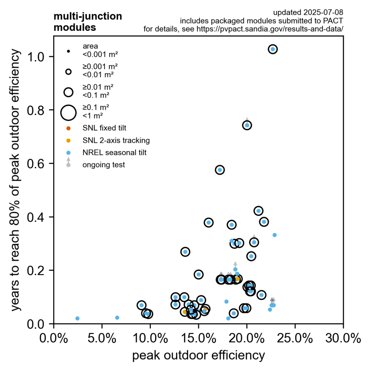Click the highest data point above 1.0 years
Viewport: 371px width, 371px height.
[273, 49]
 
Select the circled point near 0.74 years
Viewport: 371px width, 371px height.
[247, 125]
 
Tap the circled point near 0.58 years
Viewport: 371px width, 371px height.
[220, 170]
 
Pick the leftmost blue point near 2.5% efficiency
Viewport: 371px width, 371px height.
[77, 318]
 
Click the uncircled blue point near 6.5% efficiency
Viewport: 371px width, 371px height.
[117, 318]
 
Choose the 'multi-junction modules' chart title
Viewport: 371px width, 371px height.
[88, 22]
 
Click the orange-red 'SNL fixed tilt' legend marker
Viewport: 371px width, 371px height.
[68, 128]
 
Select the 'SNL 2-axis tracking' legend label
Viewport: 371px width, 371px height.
[116, 140]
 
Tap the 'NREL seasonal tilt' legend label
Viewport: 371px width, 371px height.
[114, 153]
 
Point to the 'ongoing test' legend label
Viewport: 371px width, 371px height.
[104, 165]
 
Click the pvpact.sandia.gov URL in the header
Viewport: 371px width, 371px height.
[270, 29]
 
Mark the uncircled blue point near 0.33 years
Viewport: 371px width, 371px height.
[275, 235]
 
